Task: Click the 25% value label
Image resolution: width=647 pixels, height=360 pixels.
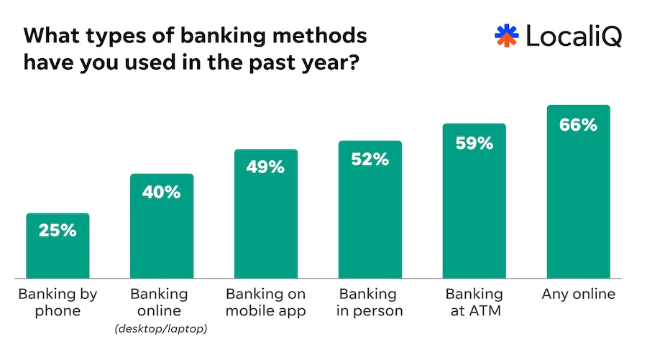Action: (58, 231)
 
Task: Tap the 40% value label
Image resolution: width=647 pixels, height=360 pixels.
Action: (161, 192)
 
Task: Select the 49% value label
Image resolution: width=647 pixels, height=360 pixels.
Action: (265, 167)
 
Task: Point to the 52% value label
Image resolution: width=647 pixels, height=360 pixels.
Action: (370, 160)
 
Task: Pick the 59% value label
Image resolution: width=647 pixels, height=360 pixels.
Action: (474, 142)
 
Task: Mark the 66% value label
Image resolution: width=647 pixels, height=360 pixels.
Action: (578, 124)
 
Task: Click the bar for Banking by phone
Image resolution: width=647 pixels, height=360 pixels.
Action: (58, 255)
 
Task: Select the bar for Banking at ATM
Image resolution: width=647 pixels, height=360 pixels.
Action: (474, 216)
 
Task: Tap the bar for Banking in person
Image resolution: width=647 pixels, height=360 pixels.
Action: (370, 223)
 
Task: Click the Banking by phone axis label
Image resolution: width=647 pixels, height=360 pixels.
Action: (58, 303)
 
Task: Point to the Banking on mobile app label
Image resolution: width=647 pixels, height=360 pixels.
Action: (265, 303)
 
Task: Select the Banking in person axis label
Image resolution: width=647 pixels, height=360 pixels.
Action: (370, 303)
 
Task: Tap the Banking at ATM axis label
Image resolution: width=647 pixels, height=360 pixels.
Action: (474, 303)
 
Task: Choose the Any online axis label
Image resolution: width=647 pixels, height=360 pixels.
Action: (578, 295)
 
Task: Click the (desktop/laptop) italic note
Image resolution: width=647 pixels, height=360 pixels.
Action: (161, 329)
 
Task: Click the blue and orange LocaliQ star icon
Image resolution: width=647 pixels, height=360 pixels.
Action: (506, 36)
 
